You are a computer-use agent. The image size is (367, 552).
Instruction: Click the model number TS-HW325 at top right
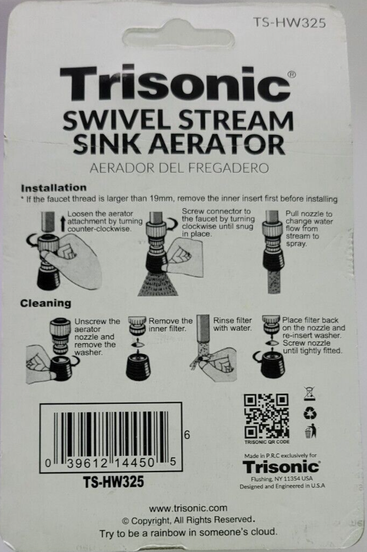289,22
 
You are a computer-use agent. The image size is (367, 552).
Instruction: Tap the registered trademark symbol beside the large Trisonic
292,75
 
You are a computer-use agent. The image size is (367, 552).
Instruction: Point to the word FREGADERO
228,168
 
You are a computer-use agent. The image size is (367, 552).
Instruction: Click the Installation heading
53,187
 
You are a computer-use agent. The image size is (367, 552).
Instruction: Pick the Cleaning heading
45,303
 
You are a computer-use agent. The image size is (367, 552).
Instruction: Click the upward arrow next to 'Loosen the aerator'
63,224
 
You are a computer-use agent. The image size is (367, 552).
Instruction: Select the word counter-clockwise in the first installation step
99,229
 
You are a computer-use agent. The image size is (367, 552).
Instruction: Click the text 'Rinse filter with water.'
232,324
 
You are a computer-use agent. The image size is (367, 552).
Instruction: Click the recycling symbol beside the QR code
309,413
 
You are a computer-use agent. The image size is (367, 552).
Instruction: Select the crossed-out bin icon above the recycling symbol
309,394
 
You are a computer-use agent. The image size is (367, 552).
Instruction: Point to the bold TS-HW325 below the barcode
113,482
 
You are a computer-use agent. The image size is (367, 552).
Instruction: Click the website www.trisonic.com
188,508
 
